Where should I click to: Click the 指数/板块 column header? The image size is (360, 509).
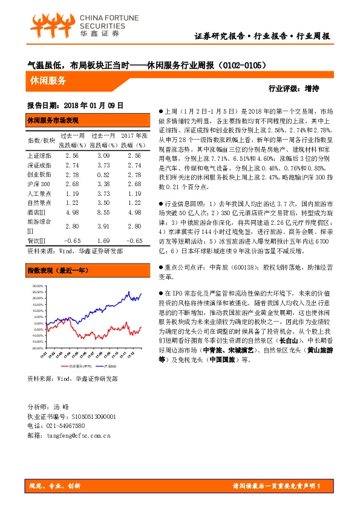point(39,140)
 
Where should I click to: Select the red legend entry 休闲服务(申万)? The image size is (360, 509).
point(79,366)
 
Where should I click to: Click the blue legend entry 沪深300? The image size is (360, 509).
point(110,366)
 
